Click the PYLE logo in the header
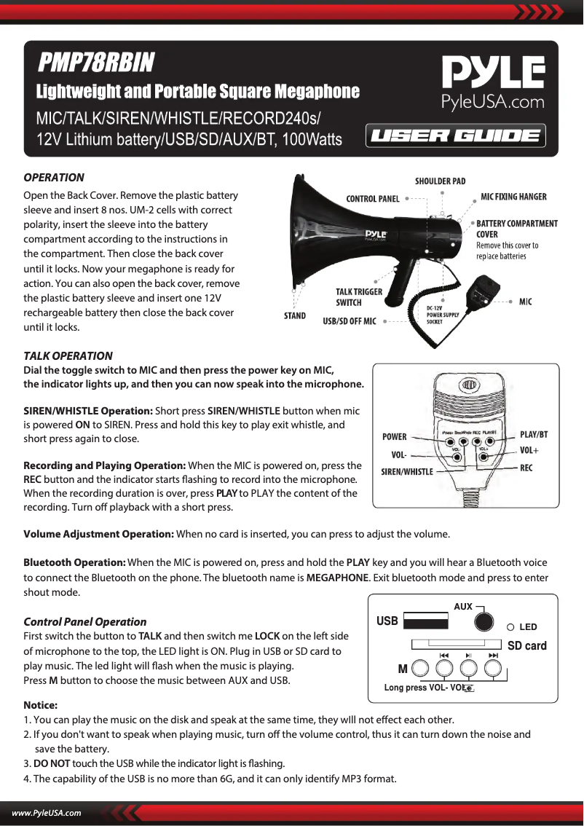pyautogui.click(x=493, y=75)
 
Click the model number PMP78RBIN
pyautogui.click(x=96, y=63)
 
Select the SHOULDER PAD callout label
pyautogui.click(x=440, y=181)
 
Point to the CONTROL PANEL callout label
pyautogui.click(x=373, y=199)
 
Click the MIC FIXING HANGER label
pyautogui.click(x=513, y=197)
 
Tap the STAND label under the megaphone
pyautogui.click(x=294, y=316)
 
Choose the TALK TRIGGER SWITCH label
pyautogui.click(x=358, y=296)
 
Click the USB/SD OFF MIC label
pyautogui.click(x=350, y=320)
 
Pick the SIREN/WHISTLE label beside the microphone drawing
pyautogui.click(x=407, y=472)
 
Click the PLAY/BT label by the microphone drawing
pyautogui.click(x=534, y=435)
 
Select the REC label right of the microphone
pyautogui.click(x=526, y=468)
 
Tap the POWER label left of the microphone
pyautogui.click(x=395, y=437)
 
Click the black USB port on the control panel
pyautogui.click(x=426, y=621)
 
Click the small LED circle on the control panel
pyautogui.click(x=510, y=627)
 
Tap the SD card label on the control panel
pyautogui.click(x=526, y=645)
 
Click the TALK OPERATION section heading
pyautogui.click(x=68, y=356)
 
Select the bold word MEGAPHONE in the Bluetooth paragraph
pyautogui.click(x=337, y=578)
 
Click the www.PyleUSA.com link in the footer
pyautogui.click(x=45, y=813)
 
